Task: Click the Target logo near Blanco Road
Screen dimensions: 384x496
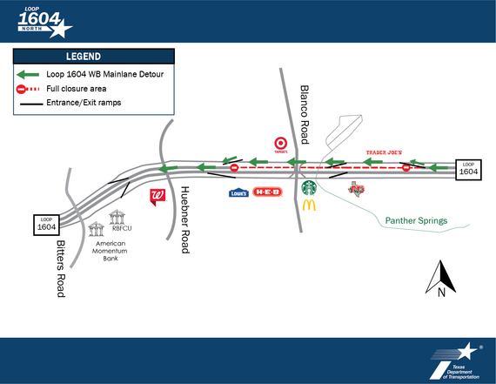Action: click(281, 144)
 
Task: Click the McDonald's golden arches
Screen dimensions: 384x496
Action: click(308, 205)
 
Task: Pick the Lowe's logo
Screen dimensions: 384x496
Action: click(238, 192)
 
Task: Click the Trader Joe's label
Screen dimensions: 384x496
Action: click(383, 152)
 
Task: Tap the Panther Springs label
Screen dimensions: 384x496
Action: click(417, 221)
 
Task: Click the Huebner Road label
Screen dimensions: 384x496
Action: click(184, 223)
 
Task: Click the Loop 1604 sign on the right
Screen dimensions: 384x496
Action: click(469, 169)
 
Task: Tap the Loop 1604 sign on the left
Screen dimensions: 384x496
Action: click(47, 224)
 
